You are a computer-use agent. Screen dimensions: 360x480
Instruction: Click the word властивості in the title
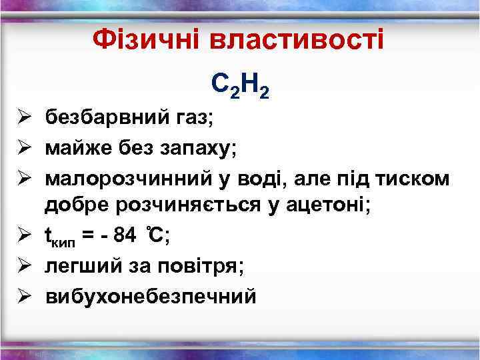pos(296,41)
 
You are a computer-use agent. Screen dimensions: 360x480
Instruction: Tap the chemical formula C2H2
pos(239,85)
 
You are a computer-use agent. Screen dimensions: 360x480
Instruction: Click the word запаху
pos(200,149)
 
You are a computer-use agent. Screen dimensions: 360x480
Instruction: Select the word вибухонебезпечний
pos(150,296)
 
